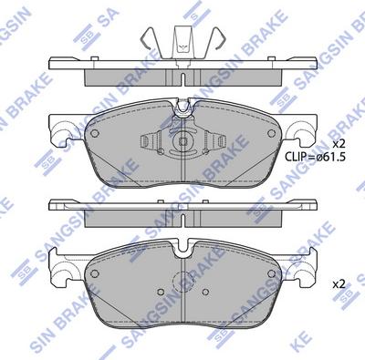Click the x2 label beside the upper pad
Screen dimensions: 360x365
point(339,145)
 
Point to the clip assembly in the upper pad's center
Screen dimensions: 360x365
point(182,143)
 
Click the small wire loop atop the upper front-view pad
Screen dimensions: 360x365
point(182,109)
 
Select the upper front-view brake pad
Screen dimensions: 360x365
point(182,150)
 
